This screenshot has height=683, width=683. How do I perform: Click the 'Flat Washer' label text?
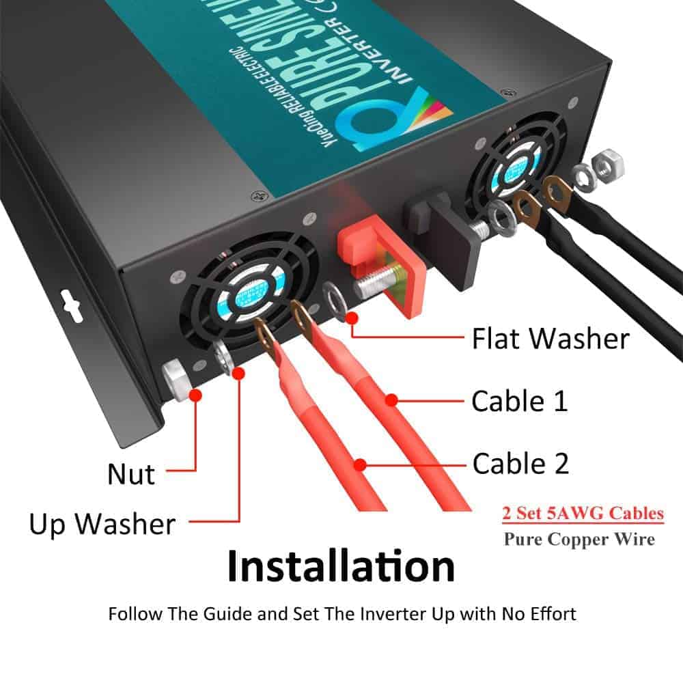(x=550, y=339)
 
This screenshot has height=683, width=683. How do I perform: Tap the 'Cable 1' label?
(x=519, y=402)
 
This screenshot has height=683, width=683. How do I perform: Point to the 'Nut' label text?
(x=130, y=473)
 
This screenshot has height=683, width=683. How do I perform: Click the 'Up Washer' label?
(x=102, y=525)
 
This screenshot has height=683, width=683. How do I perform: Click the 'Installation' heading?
(x=341, y=566)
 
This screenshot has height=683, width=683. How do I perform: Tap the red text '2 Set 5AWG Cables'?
(x=583, y=513)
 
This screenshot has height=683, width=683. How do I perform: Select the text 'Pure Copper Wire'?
(x=579, y=539)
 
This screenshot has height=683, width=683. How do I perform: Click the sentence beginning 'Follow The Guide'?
(x=341, y=613)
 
